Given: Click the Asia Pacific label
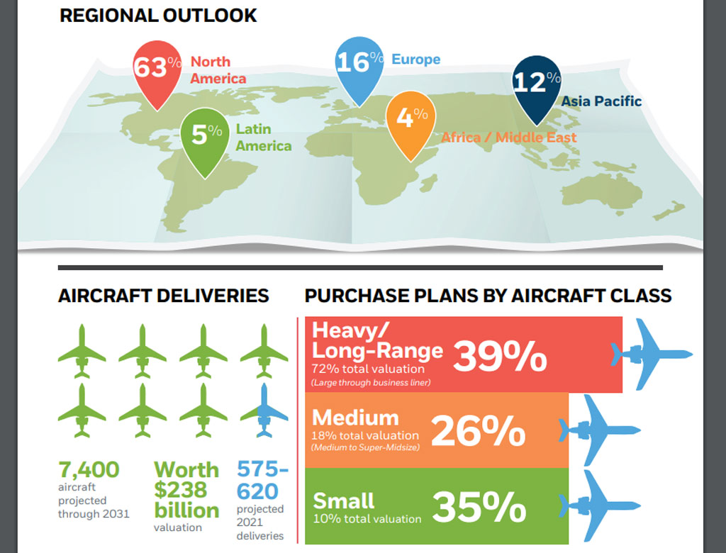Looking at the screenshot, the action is pyautogui.click(x=601, y=101).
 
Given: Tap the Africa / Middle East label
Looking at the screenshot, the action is pyautogui.click(x=509, y=138).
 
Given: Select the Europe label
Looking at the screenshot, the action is pyautogui.click(x=415, y=60).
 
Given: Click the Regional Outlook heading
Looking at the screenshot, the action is pyautogui.click(x=158, y=16).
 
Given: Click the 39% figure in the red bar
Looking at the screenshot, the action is pyautogui.click(x=500, y=356).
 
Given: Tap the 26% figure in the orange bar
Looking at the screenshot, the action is pyautogui.click(x=479, y=431).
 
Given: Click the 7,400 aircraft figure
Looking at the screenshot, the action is pyautogui.click(x=89, y=469).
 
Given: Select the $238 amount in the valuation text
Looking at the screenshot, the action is pyautogui.click(x=181, y=490).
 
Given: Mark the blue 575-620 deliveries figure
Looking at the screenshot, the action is pyautogui.click(x=262, y=480).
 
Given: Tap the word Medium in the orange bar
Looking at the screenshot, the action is pyautogui.click(x=355, y=418).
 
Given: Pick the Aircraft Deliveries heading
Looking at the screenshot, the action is pyautogui.click(x=164, y=296).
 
